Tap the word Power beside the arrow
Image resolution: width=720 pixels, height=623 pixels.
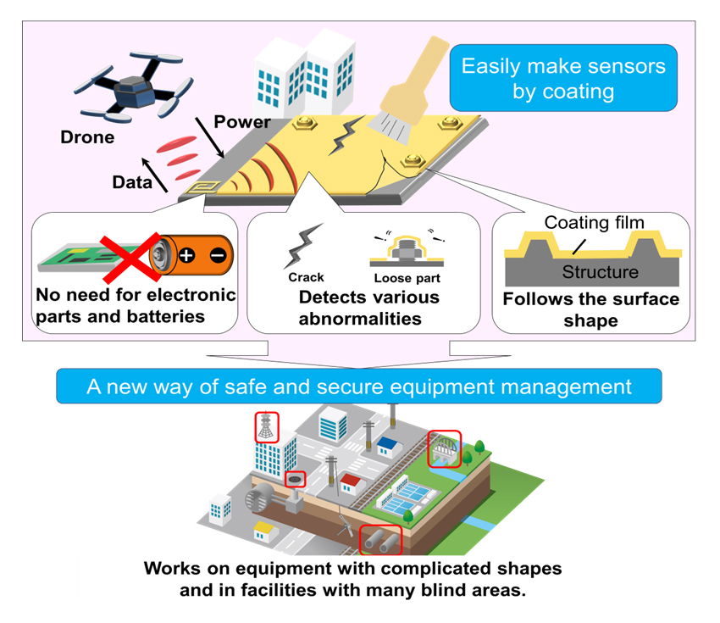[242, 122]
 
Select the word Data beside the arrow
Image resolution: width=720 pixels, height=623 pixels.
[129, 181]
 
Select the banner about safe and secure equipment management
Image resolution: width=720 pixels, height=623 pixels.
[359, 387]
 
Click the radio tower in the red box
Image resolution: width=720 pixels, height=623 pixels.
[267, 427]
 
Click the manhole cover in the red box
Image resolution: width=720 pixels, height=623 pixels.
[295, 480]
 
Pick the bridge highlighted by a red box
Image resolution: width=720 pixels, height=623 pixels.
[445, 448]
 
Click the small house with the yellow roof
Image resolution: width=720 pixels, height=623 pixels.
[265, 531]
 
